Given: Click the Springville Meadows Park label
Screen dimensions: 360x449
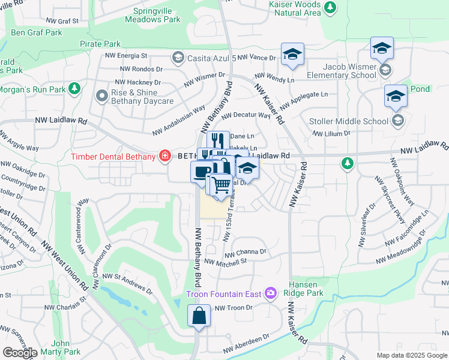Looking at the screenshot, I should tap(152, 15).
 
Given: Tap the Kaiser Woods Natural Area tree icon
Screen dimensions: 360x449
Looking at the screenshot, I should tap(330, 7).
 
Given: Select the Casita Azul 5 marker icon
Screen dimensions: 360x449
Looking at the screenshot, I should tap(177, 58).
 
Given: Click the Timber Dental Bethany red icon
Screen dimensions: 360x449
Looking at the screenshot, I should tap(164, 156).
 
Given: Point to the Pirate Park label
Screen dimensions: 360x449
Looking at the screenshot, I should tap(100, 44).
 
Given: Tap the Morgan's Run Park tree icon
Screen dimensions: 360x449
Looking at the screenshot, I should tap(74, 89).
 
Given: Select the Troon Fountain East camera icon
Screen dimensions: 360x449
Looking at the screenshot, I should tap(271, 293).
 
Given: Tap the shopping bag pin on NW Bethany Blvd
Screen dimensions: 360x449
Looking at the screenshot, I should tap(199, 315).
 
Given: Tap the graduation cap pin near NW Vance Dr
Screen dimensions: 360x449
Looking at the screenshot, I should tap(292, 55).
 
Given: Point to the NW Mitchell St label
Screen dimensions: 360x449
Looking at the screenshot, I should tap(226, 262).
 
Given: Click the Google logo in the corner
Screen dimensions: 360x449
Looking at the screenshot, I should tap(20, 353).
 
